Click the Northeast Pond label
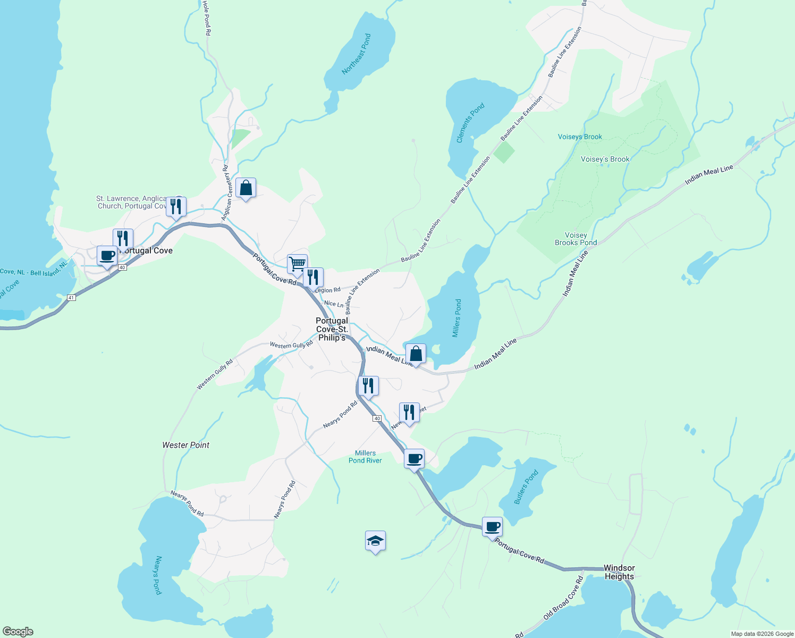pos(357,54)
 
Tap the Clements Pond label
pos(471,123)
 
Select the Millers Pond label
pos(457,318)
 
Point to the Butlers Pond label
pos(527,486)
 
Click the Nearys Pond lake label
pos(157,575)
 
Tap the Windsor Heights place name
pos(619,572)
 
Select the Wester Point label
pos(186,445)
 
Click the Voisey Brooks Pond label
pos(576,239)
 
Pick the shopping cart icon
pos(297,264)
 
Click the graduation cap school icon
pos(375,541)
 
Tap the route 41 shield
pos(72,298)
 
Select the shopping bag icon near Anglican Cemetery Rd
pos(246,188)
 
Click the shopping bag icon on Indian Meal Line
pos(416,354)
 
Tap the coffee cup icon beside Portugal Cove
pos(107,255)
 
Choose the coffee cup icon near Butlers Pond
pos(492,527)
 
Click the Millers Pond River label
pos(365,457)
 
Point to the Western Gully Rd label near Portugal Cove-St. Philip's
pos(291,345)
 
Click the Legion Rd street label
pos(327,290)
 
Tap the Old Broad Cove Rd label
pos(563,598)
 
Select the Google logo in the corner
pos(18,632)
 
